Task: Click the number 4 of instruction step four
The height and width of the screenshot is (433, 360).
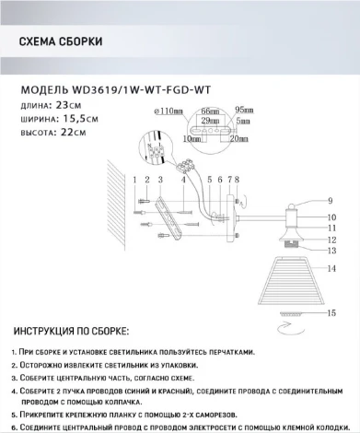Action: click(x=16, y=390)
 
